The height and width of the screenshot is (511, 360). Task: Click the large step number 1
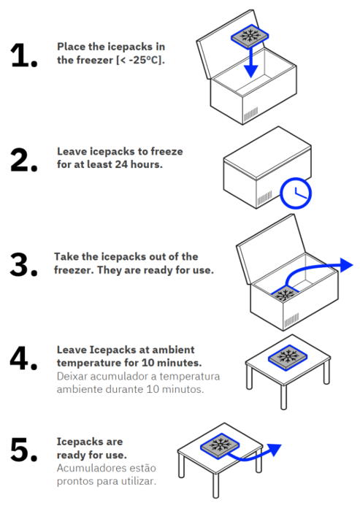[23, 55]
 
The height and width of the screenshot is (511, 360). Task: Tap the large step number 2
[24, 160]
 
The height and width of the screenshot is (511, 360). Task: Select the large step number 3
[23, 264]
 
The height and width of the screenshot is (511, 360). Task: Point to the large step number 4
[23, 358]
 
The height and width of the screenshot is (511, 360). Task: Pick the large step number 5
[24, 450]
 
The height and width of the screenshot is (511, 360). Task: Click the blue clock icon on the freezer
[296, 193]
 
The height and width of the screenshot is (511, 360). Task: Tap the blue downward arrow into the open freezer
[250, 62]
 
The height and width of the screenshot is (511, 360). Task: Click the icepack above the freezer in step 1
[250, 35]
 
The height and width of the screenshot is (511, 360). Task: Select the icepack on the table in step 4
[288, 358]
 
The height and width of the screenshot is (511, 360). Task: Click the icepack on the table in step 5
[220, 445]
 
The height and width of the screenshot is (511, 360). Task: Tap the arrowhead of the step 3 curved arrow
[346, 264]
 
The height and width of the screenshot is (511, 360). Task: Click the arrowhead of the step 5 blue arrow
[275, 450]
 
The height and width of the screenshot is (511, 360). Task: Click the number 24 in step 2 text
[121, 164]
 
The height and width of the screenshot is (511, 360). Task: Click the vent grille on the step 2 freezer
[264, 198]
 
